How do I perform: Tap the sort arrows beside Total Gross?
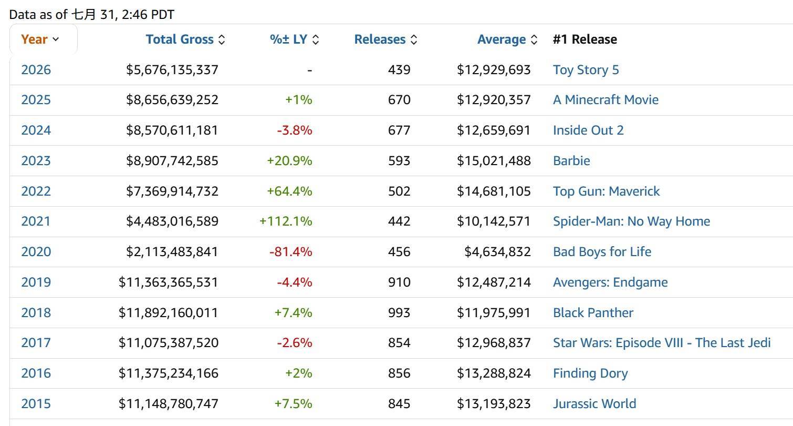point(222,39)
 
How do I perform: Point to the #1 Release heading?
point(585,39)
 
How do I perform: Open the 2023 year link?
point(36,160)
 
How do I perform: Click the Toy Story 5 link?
point(586,70)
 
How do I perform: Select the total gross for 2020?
point(172,251)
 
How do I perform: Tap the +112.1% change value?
point(286,221)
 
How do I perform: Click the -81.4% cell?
point(290,251)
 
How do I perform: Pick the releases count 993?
point(399,312)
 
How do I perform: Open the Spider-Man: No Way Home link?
point(632,221)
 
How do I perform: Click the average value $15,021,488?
point(494,160)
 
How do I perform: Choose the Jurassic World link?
point(594,404)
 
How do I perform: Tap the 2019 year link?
point(36,282)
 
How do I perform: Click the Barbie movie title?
point(571,160)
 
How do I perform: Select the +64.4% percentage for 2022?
point(289,191)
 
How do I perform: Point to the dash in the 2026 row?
point(310,70)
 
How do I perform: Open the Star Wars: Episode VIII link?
point(662,343)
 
